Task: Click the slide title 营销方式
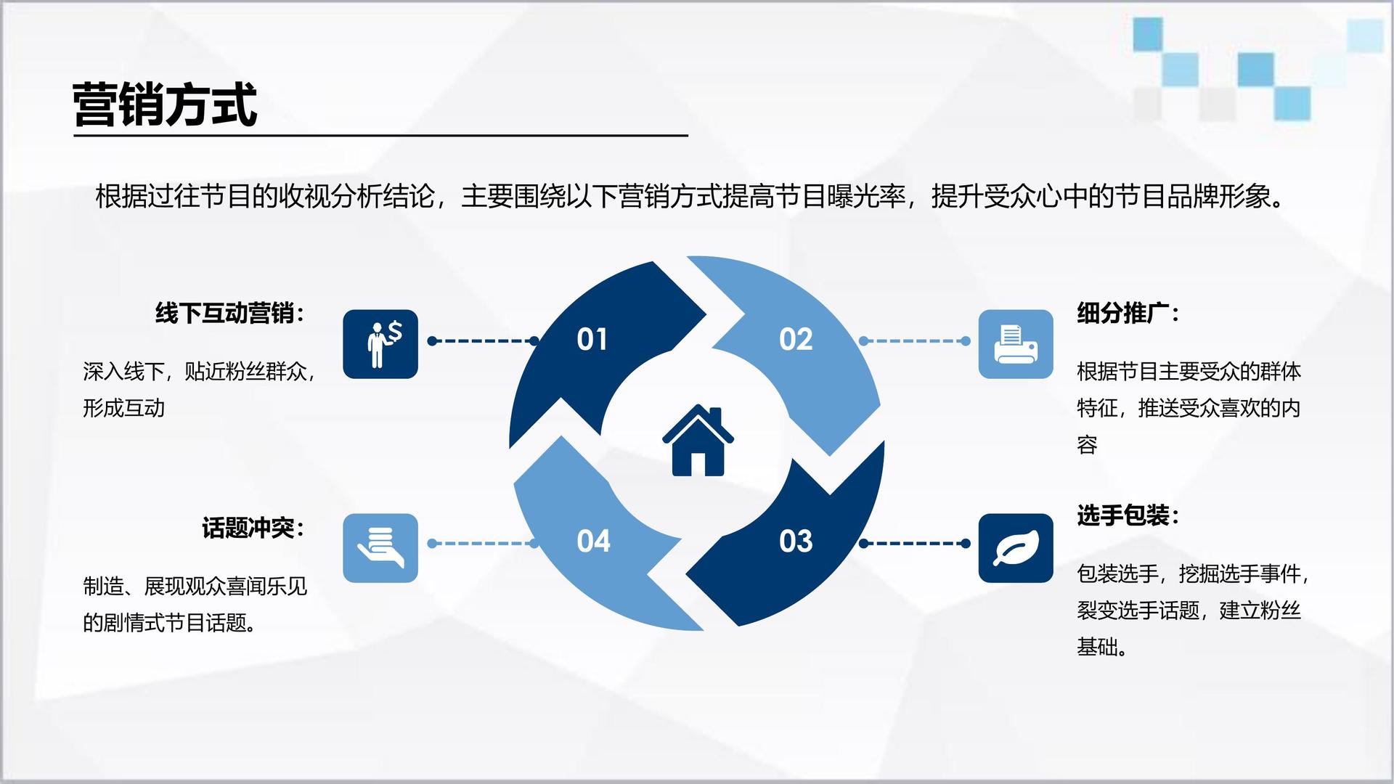(165, 105)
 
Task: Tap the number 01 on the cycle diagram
(592, 339)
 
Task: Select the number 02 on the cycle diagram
(796, 339)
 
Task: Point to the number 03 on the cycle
(796, 541)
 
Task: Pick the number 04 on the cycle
(593, 541)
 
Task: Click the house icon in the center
(698, 440)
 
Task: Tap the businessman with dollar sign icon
(380, 344)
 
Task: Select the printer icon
(1016, 344)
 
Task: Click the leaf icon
(1016, 548)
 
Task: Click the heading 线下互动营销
(229, 313)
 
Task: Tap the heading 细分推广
(1128, 313)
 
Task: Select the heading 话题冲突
(253, 528)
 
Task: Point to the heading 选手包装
(1128, 515)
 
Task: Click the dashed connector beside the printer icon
(915, 340)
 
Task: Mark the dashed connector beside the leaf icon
(915, 543)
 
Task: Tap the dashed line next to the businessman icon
(484, 340)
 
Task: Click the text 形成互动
(123, 408)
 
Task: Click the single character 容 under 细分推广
(1087, 444)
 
